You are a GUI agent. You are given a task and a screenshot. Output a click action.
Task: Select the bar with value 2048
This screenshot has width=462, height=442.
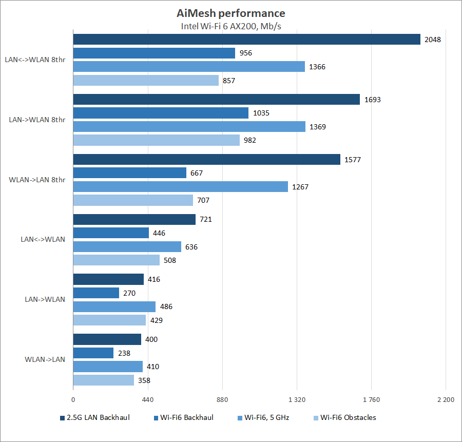pyautogui.click(x=246, y=39)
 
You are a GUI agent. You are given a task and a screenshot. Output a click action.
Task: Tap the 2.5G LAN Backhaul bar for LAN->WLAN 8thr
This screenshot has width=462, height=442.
pyautogui.click(x=216, y=100)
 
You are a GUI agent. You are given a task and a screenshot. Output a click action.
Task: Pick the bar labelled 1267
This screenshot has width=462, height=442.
pyautogui.click(x=180, y=187)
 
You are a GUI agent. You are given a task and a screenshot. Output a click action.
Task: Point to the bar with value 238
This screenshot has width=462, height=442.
pyautogui.click(x=93, y=353)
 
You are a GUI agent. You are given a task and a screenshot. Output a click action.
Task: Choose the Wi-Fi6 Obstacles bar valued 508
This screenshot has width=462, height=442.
pyautogui.click(x=116, y=260)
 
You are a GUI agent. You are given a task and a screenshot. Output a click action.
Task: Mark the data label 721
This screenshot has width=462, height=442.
pyautogui.click(x=206, y=220)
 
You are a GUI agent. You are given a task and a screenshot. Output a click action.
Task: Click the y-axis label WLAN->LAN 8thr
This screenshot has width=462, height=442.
pyautogui.click(x=37, y=180)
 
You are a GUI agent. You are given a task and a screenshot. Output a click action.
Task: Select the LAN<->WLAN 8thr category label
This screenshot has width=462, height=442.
pyautogui.click(x=35, y=60)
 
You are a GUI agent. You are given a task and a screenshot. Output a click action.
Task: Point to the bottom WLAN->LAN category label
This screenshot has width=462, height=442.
pyautogui.click(x=45, y=359)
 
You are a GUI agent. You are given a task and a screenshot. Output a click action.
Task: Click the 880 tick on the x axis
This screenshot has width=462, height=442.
pyautogui.click(x=222, y=400)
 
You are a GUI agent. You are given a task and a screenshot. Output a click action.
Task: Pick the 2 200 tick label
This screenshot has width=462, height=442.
pyautogui.click(x=446, y=400)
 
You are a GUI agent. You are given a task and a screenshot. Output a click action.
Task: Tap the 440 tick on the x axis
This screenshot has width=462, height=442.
pyautogui.click(x=148, y=400)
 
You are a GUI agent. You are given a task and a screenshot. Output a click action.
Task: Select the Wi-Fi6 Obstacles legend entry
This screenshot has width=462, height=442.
pyautogui.click(x=348, y=417)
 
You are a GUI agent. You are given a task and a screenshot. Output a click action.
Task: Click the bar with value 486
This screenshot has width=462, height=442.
pyautogui.click(x=114, y=306)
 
